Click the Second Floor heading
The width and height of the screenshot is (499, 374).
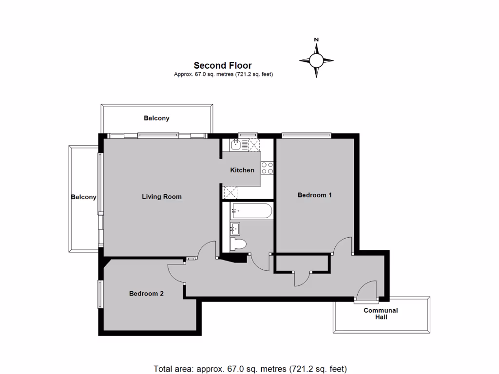point(223,65)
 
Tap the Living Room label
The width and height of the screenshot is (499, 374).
point(162,197)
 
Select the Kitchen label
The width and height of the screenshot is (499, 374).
point(242,170)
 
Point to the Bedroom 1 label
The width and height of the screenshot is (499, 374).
point(315,195)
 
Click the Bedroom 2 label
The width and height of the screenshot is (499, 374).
point(146,294)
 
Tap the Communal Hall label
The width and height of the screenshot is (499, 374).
point(381,314)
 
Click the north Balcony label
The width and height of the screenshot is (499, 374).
point(156,118)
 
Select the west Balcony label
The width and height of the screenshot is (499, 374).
point(83,197)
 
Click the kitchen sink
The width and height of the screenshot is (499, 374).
point(235,144)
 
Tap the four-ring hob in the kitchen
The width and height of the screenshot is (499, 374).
point(267,168)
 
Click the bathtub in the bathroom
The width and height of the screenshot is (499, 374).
point(250,211)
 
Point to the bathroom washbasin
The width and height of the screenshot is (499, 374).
point(235,227)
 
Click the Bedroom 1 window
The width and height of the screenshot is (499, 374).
point(307,134)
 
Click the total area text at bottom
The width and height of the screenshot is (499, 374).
point(250,368)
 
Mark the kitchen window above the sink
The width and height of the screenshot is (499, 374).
point(247,134)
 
